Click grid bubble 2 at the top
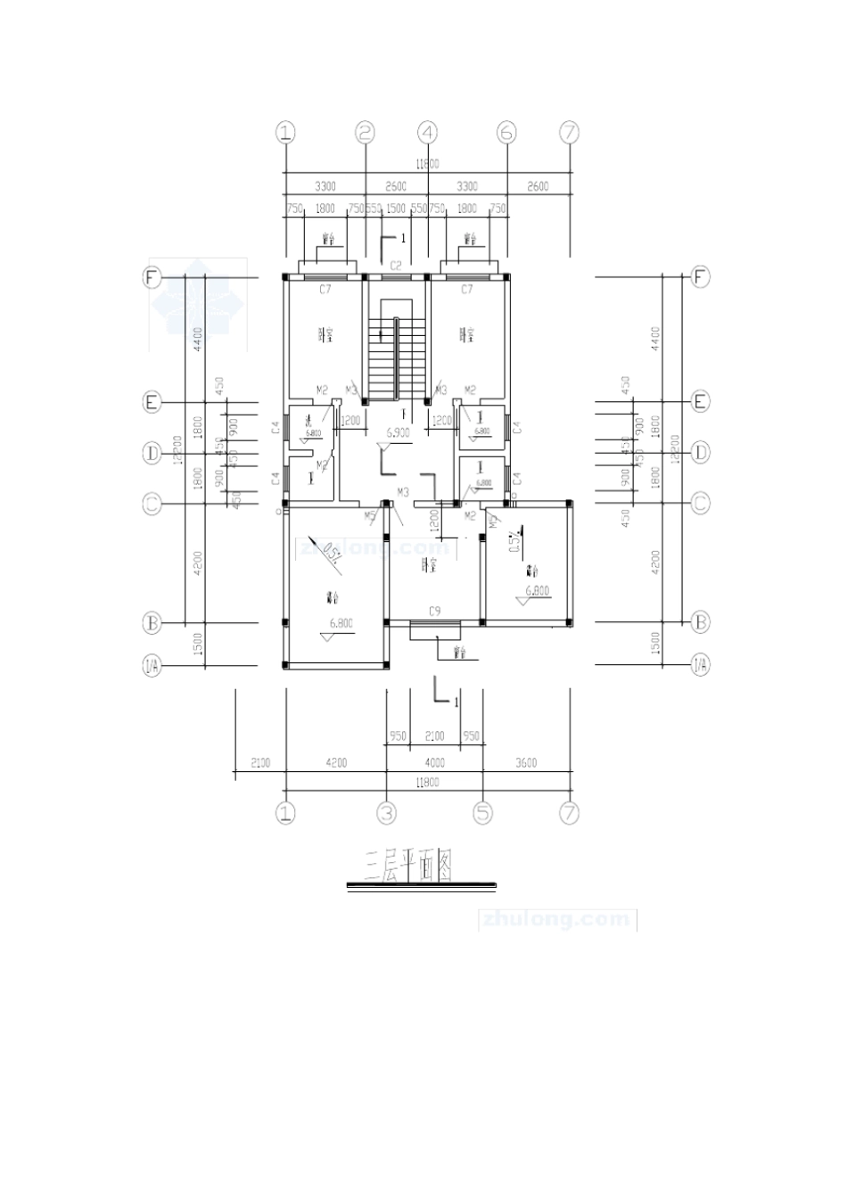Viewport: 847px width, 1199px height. tap(365, 133)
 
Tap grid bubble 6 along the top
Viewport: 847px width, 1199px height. tap(506, 133)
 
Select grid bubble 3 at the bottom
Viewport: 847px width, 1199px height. tap(386, 813)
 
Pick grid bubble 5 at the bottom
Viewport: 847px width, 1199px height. tap(482, 813)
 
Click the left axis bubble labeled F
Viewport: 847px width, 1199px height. tap(152, 277)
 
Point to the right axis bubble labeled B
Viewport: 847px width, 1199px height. tap(701, 621)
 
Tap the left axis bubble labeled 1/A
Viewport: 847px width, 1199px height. tap(152, 664)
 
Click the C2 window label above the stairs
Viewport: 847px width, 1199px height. tap(397, 266)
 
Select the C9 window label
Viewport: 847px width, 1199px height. tap(434, 611)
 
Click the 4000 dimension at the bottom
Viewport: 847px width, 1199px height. tap(434, 763)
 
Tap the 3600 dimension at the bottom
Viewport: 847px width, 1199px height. tap(526, 763)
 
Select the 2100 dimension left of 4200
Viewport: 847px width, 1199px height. tap(259, 763)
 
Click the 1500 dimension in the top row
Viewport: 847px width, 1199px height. tap(396, 209)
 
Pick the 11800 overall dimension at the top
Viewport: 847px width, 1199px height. tap(427, 164)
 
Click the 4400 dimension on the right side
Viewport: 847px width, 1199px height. tap(655, 339)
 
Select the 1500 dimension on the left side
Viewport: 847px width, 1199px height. tap(199, 644)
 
